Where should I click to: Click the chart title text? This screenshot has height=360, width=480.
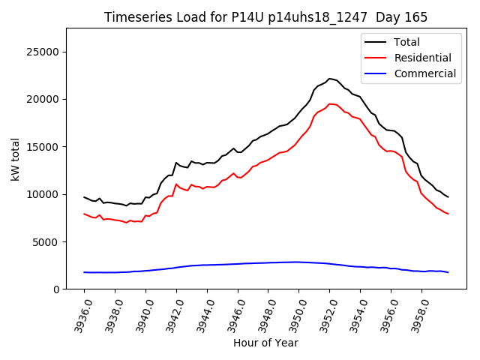click(265, 17)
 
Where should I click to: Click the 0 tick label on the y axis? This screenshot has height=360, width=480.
click(57, 289)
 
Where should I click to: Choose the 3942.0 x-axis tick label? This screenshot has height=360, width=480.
click(170, 313)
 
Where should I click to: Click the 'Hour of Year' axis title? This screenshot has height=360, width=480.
click(265, 343)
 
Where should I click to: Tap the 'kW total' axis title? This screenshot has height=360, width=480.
click(16, 158)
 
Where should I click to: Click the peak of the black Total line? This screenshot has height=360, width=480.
click(329, 78)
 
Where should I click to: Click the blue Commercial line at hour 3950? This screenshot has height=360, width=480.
click(298, 262)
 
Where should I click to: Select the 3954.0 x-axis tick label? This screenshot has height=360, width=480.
click(354, 313)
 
